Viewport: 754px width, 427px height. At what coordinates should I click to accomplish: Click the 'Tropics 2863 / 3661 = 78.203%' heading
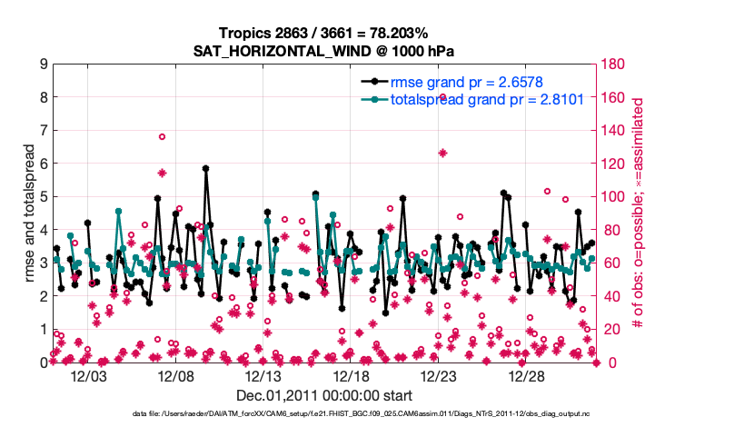point(324,33)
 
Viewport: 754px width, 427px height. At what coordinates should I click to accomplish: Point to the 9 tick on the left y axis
point(44,65)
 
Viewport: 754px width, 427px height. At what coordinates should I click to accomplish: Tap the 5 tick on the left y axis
point(44,197)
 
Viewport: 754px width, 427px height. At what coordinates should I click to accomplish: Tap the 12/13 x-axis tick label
point(264,376)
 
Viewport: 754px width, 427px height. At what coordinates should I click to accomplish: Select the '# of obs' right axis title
point(639,213)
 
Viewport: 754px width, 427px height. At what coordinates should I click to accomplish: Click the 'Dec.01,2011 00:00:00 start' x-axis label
point(324,395)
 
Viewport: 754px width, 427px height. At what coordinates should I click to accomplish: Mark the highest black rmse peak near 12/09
point(206,168)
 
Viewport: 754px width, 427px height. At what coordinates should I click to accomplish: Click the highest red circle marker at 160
point(442,97)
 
